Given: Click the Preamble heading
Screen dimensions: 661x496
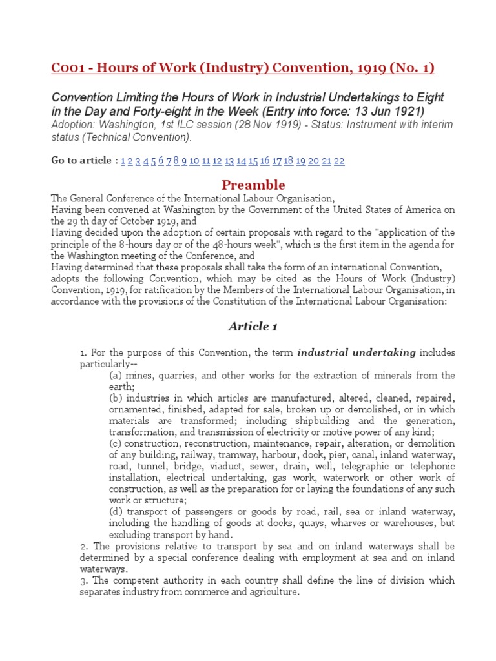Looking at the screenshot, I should [x=253, y=185].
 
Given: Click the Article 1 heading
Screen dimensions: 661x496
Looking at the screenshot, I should [x=253, y=327].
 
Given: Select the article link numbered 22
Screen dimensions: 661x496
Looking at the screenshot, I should [x=339, y=161].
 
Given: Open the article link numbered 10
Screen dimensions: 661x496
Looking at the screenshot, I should [x=194, y=161].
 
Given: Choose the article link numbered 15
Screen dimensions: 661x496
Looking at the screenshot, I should [x=253, y=161].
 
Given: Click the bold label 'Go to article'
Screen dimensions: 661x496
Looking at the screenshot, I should [x=81, y=161].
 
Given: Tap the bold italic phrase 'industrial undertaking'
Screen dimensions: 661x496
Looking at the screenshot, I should [x=357, y=352].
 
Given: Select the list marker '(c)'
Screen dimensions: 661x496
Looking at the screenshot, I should [x=117, y=444].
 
